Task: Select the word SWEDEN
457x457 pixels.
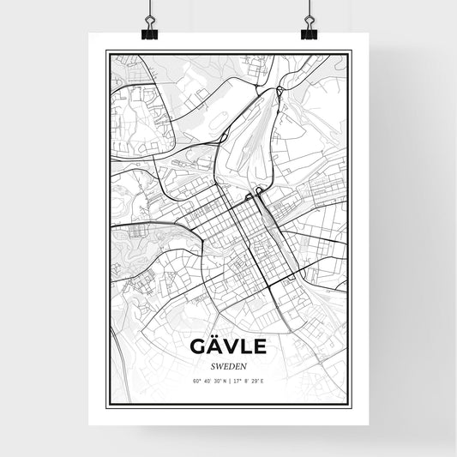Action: click(x=228, y=364)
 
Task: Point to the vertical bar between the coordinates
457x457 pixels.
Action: click(x=228, y=380)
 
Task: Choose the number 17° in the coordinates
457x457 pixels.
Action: click(x=237, y=380)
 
